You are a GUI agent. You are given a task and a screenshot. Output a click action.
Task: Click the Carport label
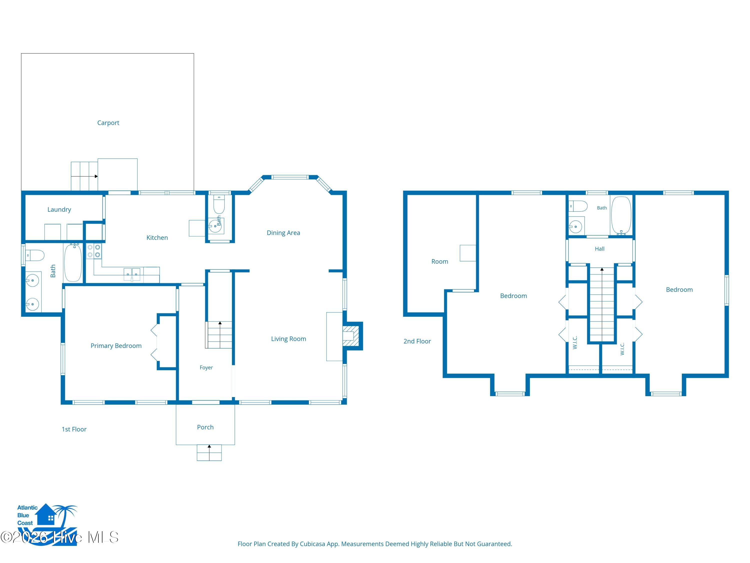point(108,123)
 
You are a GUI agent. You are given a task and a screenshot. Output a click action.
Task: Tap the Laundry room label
point(59,209)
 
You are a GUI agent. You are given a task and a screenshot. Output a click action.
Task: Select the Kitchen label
point(157,237)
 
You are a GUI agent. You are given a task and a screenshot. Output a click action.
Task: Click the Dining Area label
point(283,233)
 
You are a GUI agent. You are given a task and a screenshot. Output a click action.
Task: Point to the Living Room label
point(288,339)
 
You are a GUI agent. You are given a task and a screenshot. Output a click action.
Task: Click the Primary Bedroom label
point(116,346)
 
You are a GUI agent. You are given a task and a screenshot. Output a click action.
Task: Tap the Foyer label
point(206,368)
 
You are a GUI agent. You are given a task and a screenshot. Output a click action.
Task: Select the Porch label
point(205,427)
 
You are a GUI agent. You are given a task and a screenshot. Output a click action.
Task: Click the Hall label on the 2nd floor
point(599,249)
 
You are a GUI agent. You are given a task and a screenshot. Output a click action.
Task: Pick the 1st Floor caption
point(74,429)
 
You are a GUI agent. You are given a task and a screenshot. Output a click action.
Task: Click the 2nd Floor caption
point(417,341)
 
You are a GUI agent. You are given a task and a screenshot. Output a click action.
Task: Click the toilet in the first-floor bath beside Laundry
point(35,255)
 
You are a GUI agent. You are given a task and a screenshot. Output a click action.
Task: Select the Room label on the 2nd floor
point(440,262)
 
